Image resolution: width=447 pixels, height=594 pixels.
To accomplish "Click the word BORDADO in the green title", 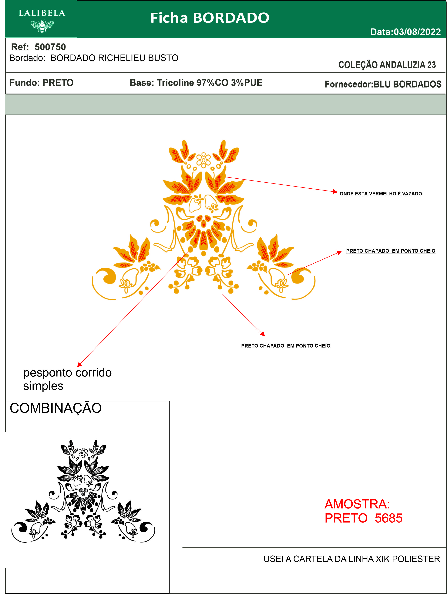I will [231, 18].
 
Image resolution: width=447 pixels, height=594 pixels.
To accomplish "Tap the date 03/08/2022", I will [417, 32].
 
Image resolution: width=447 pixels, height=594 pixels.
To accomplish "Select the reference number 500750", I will [50, 47].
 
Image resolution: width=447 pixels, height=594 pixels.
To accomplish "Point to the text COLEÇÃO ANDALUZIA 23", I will [387, 65].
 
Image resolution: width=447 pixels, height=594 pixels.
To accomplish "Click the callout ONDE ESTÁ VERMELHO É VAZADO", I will [381, 194].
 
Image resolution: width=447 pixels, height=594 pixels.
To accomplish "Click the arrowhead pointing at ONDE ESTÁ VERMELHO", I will [335, 191].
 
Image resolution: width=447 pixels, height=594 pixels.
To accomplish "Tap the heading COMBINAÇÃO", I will [55, 408].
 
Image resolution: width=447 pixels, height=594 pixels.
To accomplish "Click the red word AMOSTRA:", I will [357, 504].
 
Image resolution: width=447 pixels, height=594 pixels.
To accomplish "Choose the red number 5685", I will [388, 518].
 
